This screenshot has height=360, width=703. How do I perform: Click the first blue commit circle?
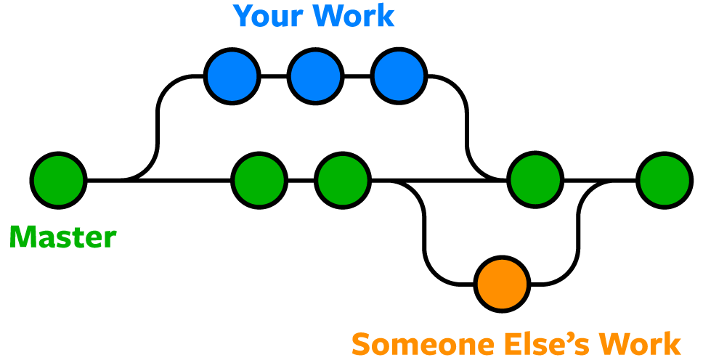[232, 76]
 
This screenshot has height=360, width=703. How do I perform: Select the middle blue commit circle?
[315, 76]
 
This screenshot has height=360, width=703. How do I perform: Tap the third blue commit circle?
[399, 76]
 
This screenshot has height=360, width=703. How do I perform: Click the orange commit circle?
[502, 283]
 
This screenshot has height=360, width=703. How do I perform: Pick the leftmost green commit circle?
[59, 179]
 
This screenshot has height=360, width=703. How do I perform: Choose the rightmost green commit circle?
[664, 179]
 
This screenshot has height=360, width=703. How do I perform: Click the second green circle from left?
[259, 179]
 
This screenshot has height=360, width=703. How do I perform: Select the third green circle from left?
[343, 179]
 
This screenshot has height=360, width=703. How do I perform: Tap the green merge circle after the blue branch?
[536, 179]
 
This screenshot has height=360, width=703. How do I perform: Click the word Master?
[62, 237]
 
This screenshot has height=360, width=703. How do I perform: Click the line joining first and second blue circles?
[273, 76]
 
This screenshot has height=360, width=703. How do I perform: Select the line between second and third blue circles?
[357, 76]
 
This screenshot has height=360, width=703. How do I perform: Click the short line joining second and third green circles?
[301, 179]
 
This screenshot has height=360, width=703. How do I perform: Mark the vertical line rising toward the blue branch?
[158, 127]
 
